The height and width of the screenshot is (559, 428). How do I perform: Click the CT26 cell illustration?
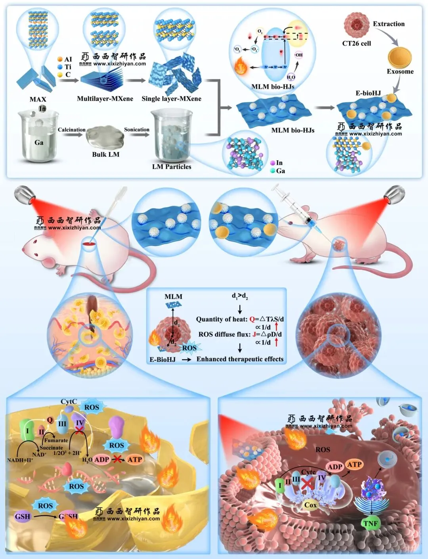pos(356,25)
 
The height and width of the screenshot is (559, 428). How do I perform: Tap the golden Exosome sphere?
pos(400,58)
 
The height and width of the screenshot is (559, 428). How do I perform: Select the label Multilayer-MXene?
pos(105,99)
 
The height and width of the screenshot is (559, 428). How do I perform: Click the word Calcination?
pos(71,130)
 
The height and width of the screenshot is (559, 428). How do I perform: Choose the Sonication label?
pos(137,130)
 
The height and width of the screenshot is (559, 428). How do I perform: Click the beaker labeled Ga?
pos(38,137)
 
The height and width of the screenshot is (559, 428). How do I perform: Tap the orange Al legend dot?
pos(60,59)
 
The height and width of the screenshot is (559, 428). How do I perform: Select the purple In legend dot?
pos(273,163)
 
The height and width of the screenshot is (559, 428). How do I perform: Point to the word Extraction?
pos(389,24)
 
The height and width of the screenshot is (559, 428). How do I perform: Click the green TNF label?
pos(371,523)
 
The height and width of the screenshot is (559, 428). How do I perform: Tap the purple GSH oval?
pos(23,516)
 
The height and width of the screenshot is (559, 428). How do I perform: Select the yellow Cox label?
pos(310,505)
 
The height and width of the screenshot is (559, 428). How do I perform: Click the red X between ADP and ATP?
pos(117,459)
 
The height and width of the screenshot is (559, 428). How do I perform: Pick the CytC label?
pos(69,402)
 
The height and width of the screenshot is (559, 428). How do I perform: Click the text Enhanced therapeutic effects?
pos(240,359)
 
